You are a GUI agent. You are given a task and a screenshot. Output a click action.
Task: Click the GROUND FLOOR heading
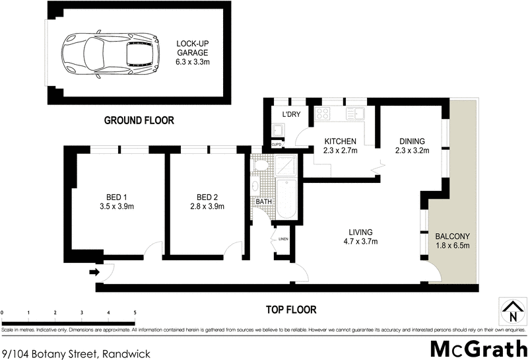[x=139, y=121]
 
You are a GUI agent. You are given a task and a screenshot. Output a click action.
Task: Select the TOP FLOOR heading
[x=290, y=309]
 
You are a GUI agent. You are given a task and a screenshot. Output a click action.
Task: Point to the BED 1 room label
[x=115, y=201]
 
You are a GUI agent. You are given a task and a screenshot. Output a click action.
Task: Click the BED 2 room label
[x=207, y=201]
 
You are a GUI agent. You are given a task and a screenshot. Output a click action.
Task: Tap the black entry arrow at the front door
[x=94, y=271]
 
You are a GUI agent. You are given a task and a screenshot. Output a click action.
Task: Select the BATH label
[x=264, y=201]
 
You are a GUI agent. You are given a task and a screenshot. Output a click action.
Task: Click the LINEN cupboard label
[x=284, y=238]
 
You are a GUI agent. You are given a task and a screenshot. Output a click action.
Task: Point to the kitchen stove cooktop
[x=324, y=114]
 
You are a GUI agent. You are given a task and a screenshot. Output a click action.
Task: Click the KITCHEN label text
[x=340, y=141]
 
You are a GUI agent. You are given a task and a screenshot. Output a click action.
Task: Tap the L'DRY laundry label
[x=292, y=114]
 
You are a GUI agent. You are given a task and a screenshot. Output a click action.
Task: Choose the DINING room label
[x=412, y=141]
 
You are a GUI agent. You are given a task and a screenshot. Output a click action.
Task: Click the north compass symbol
[x=509, y=310]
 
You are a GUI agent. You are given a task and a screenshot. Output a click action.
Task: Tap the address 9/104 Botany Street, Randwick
[x=77, y=354]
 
